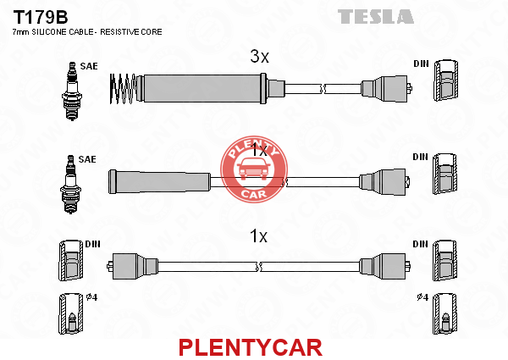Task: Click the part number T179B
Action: click(x=40, y=17)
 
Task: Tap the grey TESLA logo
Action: click(x=375, y=17)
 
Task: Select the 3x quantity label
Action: click(x=259, y=57)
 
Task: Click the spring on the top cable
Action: click(x=123, y=89)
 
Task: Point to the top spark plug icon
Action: click(x=72, y=91)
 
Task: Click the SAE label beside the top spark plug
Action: click(x=89, y=66)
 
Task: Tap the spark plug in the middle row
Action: click(x=70, y=184)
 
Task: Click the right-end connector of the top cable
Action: click(x=386, y=88)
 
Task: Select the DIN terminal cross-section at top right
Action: click(x=446, y=80)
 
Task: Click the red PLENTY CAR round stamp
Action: click(x=254, y=169)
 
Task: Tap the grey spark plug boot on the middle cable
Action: click(x=159, y=182)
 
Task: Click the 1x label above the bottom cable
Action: click(x=258, y=235)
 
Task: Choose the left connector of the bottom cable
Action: click(x=132, y=266)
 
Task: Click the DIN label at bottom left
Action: click(x=92, y=244)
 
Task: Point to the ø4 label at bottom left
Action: click(x=91, y=296)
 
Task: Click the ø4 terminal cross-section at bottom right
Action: click(x=445, y=314)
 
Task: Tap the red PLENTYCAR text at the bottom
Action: click(x=251, y=347)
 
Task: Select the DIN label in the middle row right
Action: click(x=420, y=158)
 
